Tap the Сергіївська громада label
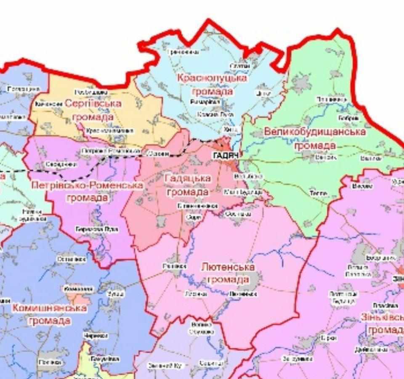click(x=93, y=110)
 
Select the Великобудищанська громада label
click(x=315, y=138)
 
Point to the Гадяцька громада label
click(x=188, y=185)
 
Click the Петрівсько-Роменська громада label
click(x=87, y=191)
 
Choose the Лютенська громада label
click(x=228, y=273)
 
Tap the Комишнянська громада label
click(x=50, y=314)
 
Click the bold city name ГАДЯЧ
click(x=226, y=156)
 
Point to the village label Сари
click(x=194, y=217)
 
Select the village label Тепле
click(x=319, y=193)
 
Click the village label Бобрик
click(x=348, y=118)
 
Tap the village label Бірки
click(x=329, y=338)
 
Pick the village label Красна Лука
click(x=215, y=114)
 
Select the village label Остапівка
click(x=72, y=260)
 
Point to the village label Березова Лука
click(x=97, y=229)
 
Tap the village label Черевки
click(x=96, y=336)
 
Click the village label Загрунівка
click(x=297, y=359)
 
